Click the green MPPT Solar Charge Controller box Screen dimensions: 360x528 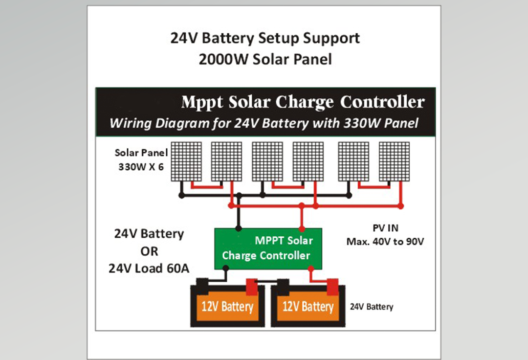pos(268,248)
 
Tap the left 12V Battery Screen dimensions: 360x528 pos(227,307)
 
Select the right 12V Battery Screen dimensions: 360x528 pos(308,307)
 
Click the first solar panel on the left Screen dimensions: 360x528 pos(186,161)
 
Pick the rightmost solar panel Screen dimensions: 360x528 pos(394,161)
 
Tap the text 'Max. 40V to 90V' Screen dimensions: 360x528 pos(384,241)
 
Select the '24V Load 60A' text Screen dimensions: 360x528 pos(149,269)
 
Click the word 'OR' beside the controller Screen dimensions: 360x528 pos(149,251)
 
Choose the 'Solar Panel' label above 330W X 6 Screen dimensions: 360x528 pos(141,153)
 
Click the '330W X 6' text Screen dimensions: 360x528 pos(141,166)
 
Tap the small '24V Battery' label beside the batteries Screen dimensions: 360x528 pos(372,307)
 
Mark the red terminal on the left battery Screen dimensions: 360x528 pos(252,287)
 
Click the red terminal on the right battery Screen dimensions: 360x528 pos(333,286)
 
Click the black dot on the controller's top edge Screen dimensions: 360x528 pos(239,228)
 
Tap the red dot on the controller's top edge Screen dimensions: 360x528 pos(302,228)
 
